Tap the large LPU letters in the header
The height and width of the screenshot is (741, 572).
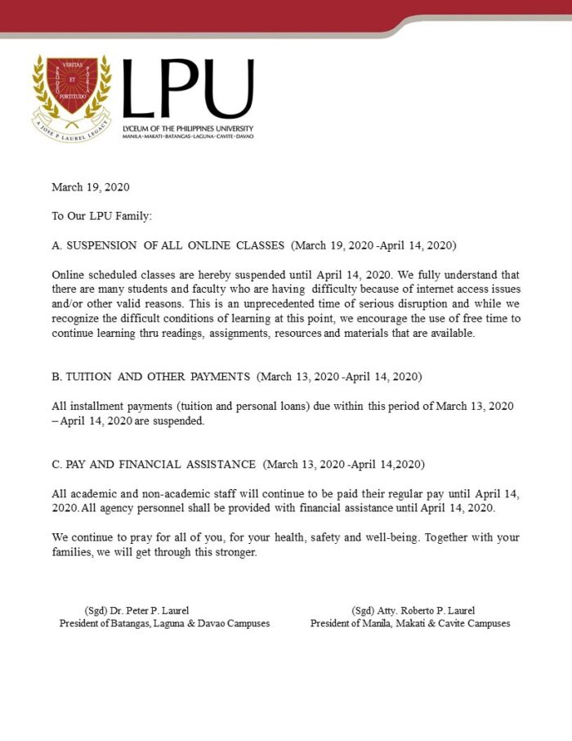(187, 91)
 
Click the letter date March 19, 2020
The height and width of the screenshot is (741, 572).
(91, 187)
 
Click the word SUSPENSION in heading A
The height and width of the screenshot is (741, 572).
(102, 245)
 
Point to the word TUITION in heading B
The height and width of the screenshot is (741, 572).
(87, 378)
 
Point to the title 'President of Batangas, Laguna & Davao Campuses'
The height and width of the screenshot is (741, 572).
(164, 623)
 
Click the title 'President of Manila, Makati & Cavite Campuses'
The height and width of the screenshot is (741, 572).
(410, 623)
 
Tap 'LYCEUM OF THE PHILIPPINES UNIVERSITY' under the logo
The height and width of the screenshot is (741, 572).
(188, 128)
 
